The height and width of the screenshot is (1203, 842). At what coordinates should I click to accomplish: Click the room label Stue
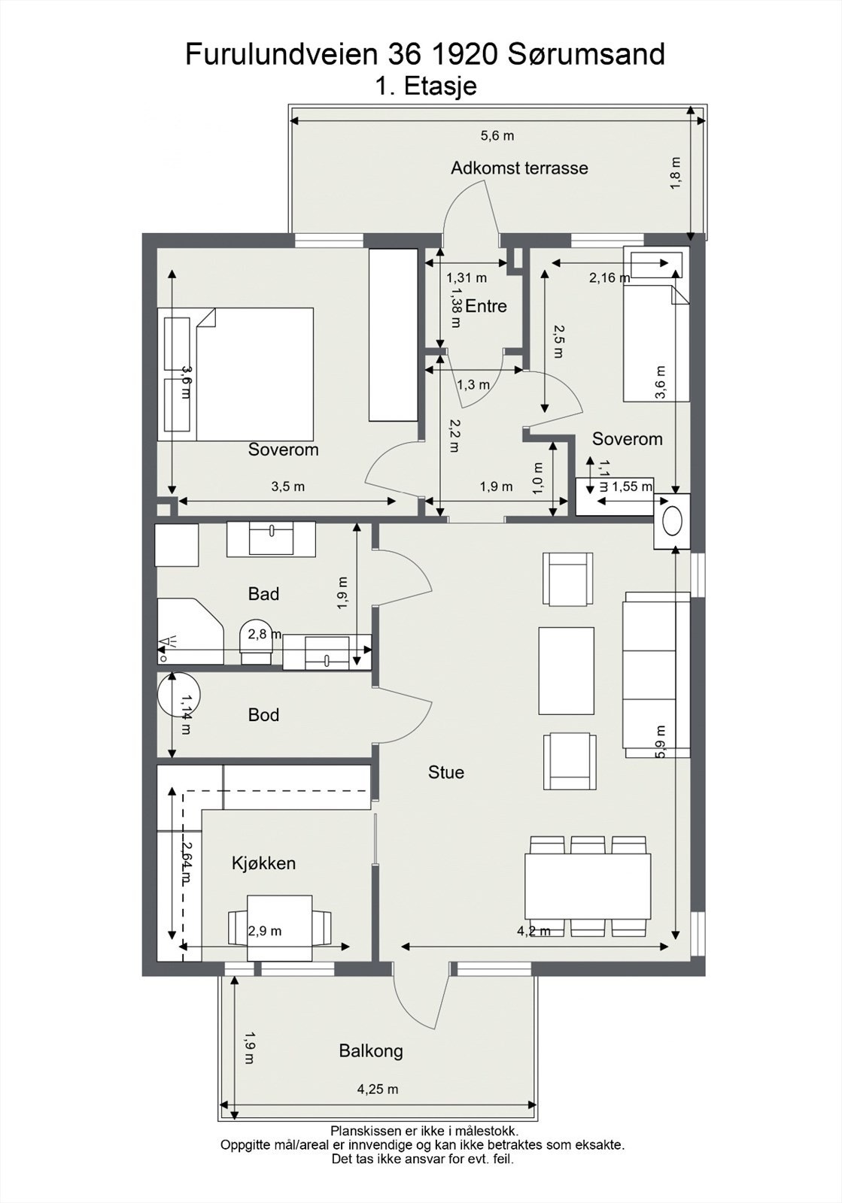(446, 772)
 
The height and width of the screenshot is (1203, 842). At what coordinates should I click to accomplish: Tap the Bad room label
(263, 593)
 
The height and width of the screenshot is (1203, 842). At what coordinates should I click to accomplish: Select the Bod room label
(263, 715)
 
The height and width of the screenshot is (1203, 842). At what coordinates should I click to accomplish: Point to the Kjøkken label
(264, 863)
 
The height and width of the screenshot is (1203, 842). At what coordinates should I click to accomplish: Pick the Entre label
(486, 306)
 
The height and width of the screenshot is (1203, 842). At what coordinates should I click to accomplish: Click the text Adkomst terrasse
(519, 168)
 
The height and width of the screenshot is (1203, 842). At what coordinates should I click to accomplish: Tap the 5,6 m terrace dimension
(497, 136)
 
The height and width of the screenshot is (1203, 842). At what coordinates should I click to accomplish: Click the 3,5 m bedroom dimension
(287, 486)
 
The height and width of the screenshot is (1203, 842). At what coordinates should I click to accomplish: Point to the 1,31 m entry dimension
(467, 277)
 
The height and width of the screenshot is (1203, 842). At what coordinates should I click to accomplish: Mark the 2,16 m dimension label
(609, 277)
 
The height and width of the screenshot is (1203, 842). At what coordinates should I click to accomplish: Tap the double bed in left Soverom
(236, 374)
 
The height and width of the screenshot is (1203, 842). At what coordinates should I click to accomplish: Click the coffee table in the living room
(567, 671)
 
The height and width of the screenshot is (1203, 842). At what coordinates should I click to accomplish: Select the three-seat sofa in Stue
(656, 675)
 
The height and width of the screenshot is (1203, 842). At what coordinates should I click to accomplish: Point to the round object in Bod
(178, 694)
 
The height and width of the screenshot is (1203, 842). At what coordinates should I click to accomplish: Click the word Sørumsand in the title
(585, 54)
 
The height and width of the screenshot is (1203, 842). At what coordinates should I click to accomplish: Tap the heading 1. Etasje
(426, 86)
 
